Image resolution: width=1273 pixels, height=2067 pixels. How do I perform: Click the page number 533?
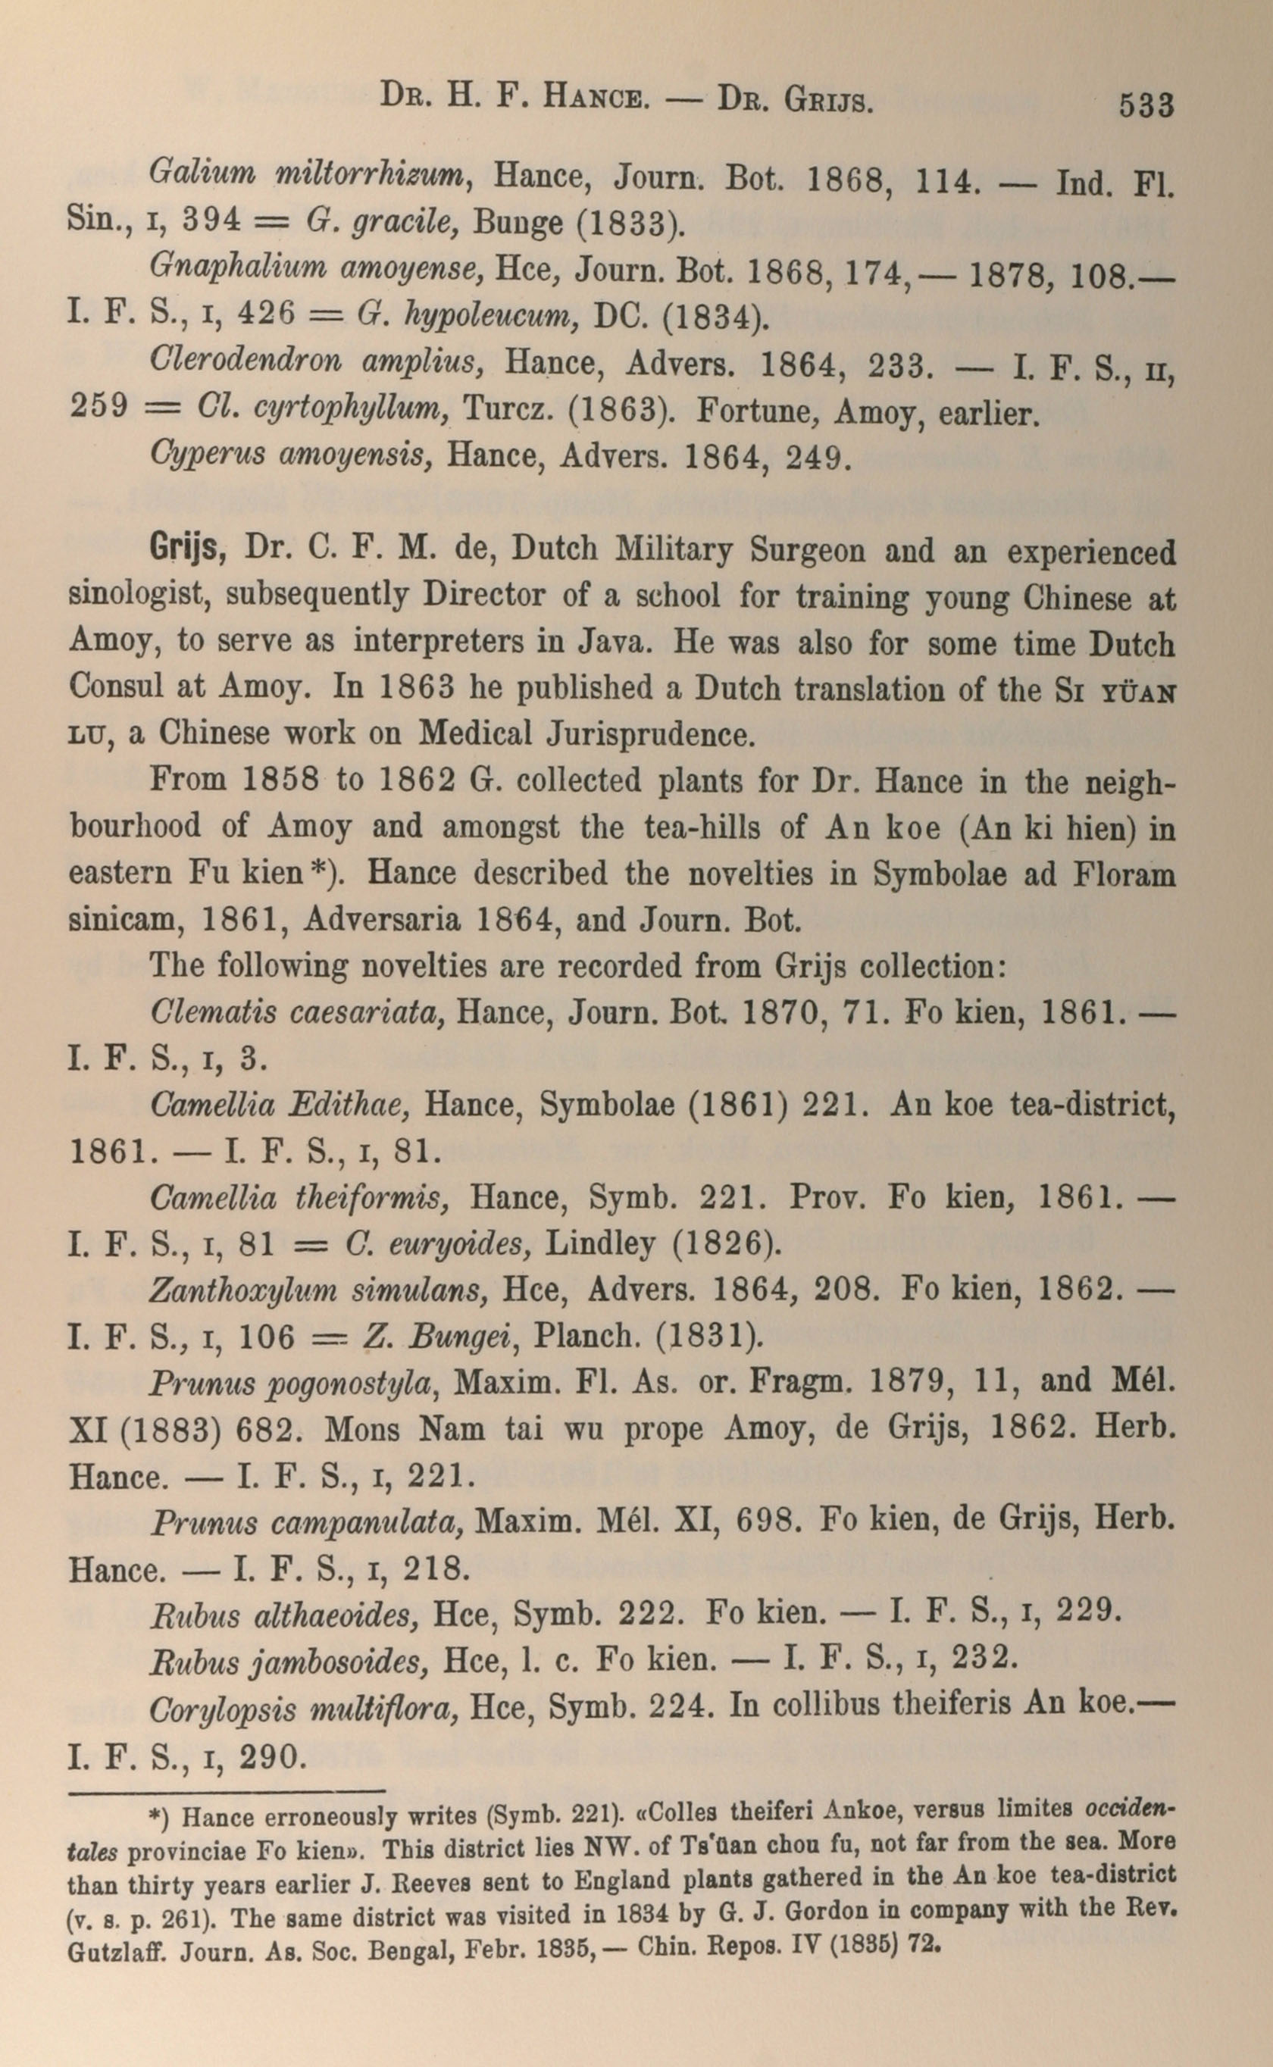(x=1145, y=106)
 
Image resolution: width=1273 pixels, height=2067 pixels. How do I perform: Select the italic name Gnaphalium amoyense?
(x=315, y=267)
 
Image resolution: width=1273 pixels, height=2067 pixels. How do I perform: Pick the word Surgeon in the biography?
(x=808, y=552)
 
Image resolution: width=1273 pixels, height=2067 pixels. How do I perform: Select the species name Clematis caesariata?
(x=297, y=1012)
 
